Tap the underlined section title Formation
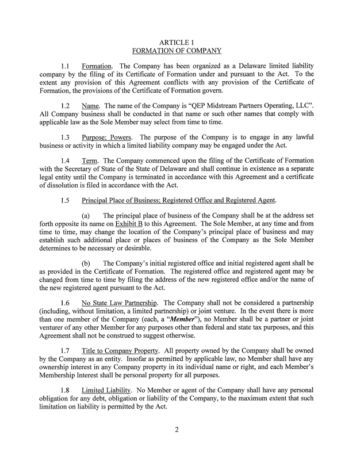tap(97, 66)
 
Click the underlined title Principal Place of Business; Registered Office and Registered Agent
tap(178, 200)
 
